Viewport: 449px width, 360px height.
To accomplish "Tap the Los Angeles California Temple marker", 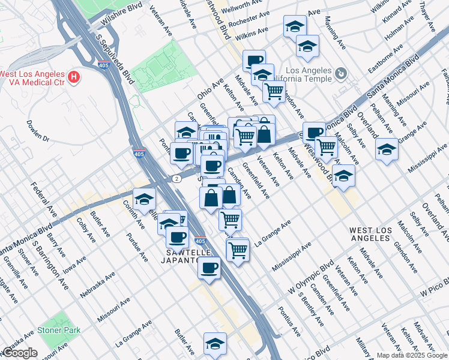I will pyautogui.click(x=341, y=74).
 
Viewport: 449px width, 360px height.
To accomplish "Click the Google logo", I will pyautogui.click(x=19, y=353).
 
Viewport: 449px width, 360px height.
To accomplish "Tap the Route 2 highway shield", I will pyautogui.click(x=176, y=179).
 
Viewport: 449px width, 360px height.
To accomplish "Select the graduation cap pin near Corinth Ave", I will pyautogui.click(x=145, y=199).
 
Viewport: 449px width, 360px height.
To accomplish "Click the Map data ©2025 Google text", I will pyautogui.click(x=412, y=355).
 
